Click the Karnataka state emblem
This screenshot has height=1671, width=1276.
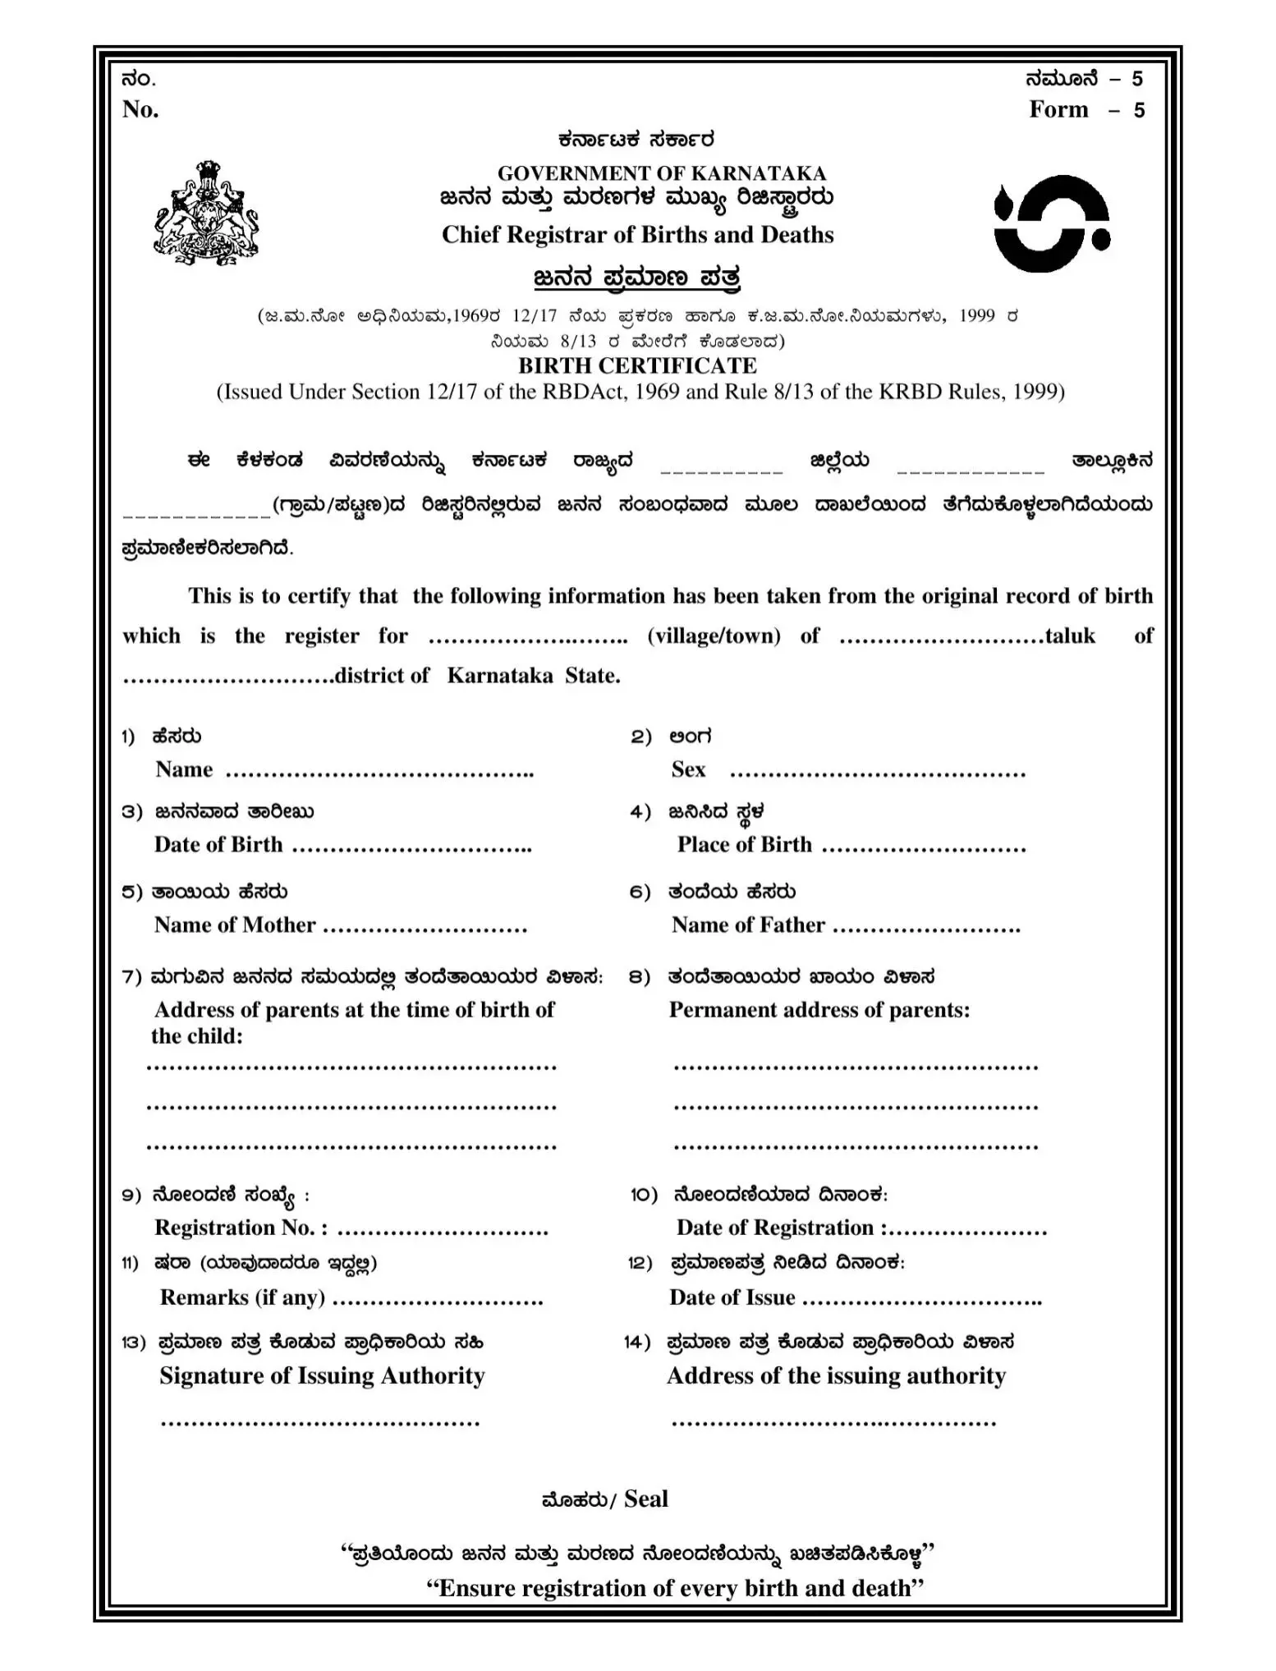point(205,213)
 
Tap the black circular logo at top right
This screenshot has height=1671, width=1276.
point(1052,224)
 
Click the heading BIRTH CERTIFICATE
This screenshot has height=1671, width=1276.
point(637,365)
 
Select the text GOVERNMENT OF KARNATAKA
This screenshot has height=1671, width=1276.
point(661,173)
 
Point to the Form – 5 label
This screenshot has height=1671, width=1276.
point(1086,110)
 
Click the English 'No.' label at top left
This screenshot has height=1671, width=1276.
point(140,109)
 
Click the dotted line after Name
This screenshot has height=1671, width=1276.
point(379,773)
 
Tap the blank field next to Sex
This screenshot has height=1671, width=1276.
point(877,773)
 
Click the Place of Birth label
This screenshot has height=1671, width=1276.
point(744,845)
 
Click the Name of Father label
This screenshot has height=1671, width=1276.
point(748,925)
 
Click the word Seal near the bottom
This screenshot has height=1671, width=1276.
point(646,1499)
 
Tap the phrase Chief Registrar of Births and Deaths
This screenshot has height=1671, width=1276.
point(637,235)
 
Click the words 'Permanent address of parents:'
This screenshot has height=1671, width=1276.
point(819,1010)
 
